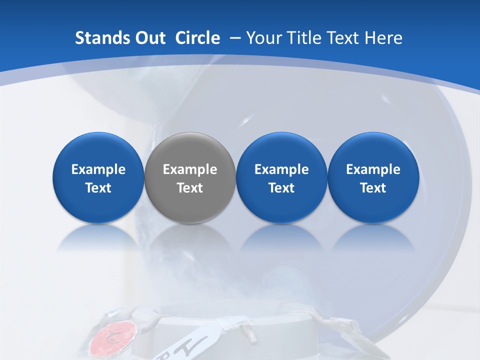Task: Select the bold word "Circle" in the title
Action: pyautogui.click(x=197, y=38)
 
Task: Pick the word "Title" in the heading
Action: pyautogui.click(x=307, y=38)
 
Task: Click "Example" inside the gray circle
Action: pyautogui.click(x=190, y=169)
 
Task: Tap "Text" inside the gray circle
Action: pyautogui.click(x=190, y=188)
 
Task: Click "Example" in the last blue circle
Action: pyautogui.click(x=373, y=169)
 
